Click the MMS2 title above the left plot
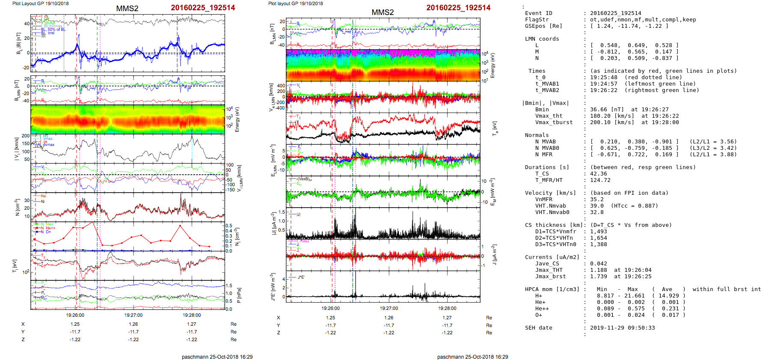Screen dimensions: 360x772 (x=127, y=9)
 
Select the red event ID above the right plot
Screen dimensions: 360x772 (x=458, y=8)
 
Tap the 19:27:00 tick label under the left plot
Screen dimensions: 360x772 (x=134, y=315)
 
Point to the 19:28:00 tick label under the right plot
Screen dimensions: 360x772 (x=447, y=308)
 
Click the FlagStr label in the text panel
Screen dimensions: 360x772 (x=537, y=20)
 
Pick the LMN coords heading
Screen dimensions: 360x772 (x=542, y=39)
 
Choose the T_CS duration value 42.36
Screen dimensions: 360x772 (x=598, y=174)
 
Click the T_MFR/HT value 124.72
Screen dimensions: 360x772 (x=600, y=180)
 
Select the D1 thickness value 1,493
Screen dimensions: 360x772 (x=598, y=232)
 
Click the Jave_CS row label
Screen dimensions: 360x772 (x=547, y=264)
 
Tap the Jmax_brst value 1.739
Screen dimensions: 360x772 (x=598, y=277)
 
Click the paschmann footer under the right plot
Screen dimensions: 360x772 (x=472, y=357)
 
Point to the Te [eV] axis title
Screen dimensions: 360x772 (x=495, y=128)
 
